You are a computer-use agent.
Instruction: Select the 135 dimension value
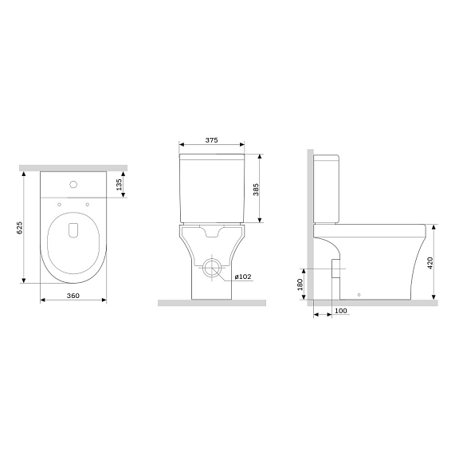pos(119,185)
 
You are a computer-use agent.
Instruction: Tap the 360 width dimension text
pos(73,296)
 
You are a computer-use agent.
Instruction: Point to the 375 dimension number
pos(211,141)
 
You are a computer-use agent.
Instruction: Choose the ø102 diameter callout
pos(243,277)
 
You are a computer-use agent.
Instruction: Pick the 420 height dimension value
pos(430,264)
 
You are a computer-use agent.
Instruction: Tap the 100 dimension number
pos(340,311)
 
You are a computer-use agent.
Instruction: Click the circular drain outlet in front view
pos(212,268)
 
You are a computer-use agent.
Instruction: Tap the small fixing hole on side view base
pos(359,295)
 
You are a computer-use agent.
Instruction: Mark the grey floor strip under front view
pos(211,304)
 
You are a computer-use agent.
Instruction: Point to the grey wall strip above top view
pos(73,167)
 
